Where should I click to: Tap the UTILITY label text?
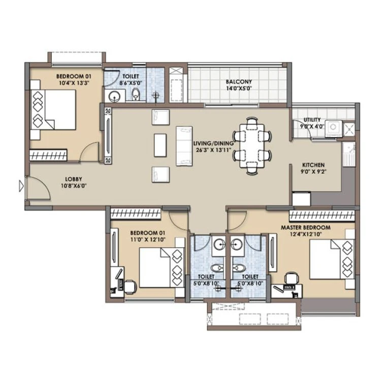pos(312,120)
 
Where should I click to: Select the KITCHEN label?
pos(313,165)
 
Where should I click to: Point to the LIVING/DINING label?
pos(213,144)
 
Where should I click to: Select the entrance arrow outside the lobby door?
pos(21,186)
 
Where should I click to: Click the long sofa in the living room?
pos(184,146)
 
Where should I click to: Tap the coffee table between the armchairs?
pos(159,145)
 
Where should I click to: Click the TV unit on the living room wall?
pos(108,137)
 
